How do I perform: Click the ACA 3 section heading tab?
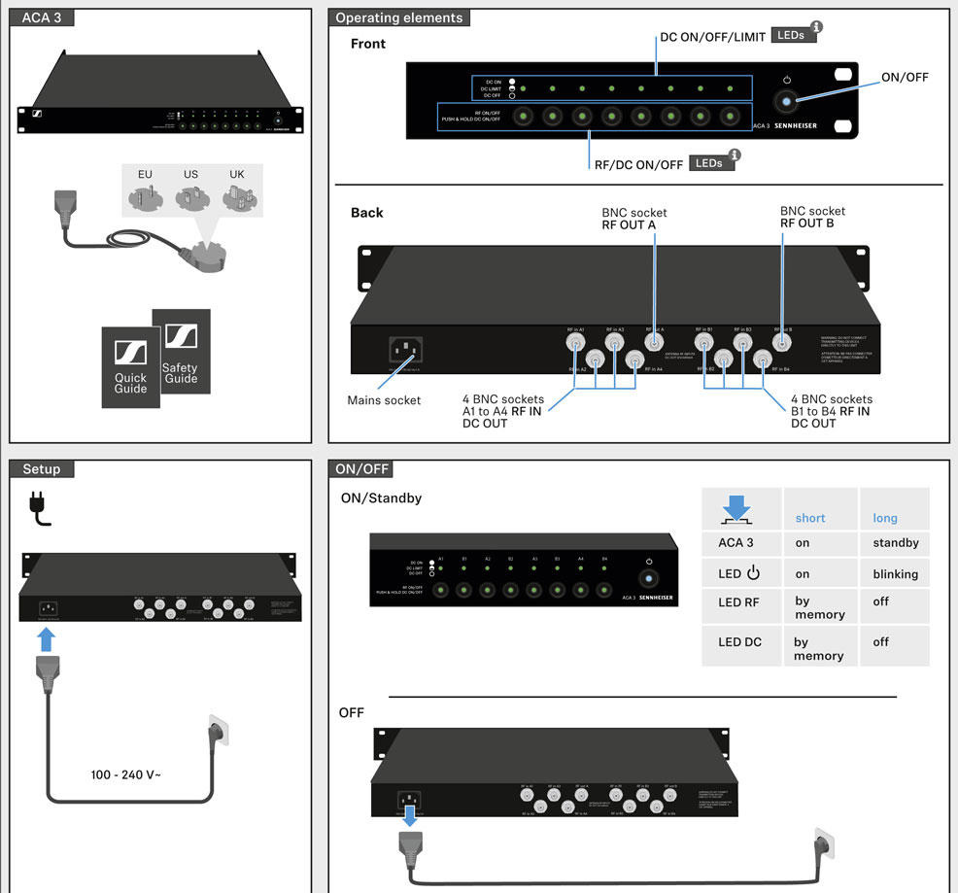pos(42,17)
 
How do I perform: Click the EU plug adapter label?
pos(145,175)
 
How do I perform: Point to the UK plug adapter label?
pos(237,175)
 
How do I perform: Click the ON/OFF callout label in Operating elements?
pos(905,78)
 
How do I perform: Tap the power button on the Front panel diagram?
pos(786,101)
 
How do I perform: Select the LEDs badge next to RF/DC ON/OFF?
pos(709,163)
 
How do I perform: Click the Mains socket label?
pos(384,400)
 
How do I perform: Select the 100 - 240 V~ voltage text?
pos(126,775)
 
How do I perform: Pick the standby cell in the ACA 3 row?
pos(895,542)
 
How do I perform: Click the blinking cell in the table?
pos(895,573)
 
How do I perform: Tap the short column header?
pos(810,518)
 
